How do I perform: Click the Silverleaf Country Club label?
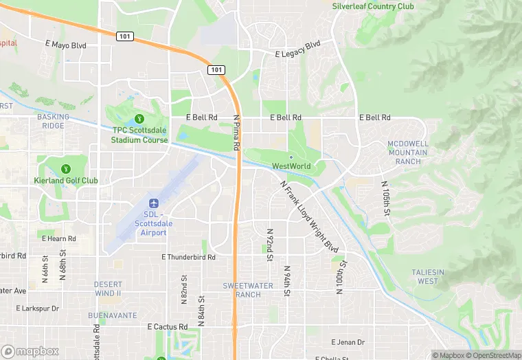[x=373, y=6]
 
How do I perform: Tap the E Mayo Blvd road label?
[x=66, y=45]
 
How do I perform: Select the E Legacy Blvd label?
[x=297, y=53]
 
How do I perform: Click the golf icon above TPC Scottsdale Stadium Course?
[x=140, y=119]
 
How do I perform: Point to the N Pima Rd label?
[x=236, y=128]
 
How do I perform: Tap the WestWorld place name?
[x=291, y=166]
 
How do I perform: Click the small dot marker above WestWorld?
[x=291, y=157]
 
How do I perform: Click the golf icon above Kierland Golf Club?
[x=66, y=168]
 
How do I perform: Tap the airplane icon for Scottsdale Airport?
[x=154, y=204]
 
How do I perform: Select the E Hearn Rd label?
[x=59, y=238]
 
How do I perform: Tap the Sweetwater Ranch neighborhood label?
[x=242, y=290]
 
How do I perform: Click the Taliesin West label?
[x=427, y=276]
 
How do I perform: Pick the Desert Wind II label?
[x=108, y=289]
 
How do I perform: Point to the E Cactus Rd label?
[x=168, y=326]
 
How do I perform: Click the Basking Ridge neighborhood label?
[x=52, y=122]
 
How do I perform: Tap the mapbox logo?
[x=30, y=351]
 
